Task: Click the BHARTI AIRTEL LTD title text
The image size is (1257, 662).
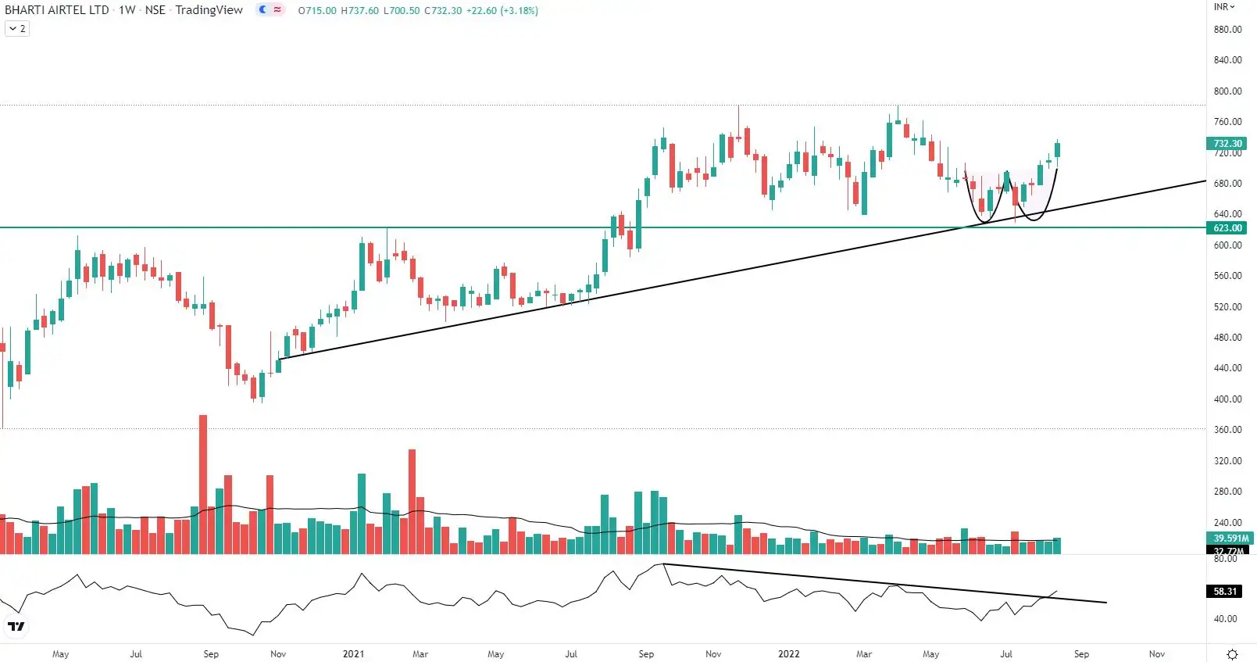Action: click(56, 10)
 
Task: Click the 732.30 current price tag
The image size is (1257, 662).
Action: click(1227, 144)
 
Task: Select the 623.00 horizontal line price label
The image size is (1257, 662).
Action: click(1227, 228)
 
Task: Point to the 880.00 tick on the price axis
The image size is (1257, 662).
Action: click(1227, 30)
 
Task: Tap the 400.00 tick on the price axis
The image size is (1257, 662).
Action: click(1227, 399)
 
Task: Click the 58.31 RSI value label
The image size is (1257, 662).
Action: click(1225, 592)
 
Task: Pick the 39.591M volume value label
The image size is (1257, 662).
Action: click(1230, 539)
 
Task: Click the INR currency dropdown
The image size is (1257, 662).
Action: click(1224, 7)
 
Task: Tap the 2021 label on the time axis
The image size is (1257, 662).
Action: click(353, 654)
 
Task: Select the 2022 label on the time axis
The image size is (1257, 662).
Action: click(788, 654)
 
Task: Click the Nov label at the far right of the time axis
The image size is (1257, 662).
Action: click(1156, 654)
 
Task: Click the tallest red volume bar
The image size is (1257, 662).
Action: click(203, 485)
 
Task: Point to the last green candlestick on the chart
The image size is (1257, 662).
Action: click(1057, 150)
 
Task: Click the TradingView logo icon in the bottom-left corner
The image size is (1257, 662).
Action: click(16, 626)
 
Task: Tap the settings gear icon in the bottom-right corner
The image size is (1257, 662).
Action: click(1233, 654)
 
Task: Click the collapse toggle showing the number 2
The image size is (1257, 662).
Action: click(17, 29)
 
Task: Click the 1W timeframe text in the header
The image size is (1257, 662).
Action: click(127, 10)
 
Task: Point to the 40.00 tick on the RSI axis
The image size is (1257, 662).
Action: click(1225, 619)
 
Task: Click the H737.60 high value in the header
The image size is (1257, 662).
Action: click(359, 11)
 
